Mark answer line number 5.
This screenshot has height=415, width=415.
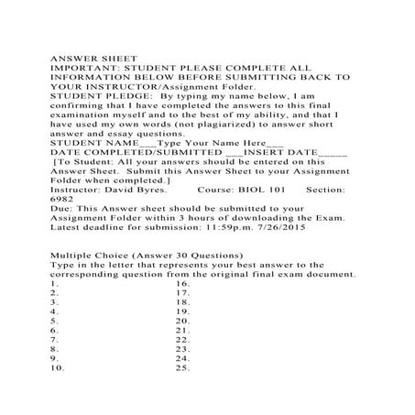tap(56, 322)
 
